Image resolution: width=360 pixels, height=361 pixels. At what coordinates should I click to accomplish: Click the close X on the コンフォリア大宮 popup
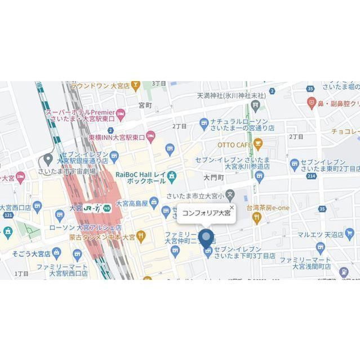231,208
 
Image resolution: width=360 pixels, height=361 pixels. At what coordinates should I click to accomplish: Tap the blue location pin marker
207,239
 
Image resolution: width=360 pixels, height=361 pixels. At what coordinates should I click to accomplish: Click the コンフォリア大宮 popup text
206,213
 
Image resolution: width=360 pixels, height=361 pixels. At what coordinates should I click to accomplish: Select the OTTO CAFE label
234,144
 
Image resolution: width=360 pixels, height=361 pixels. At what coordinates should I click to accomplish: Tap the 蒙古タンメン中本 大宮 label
99,237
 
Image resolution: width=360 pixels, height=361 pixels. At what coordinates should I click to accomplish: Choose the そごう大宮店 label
25,253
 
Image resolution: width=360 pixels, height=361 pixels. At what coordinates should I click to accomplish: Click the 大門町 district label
214,177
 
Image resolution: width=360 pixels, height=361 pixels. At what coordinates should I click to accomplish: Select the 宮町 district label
145,105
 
